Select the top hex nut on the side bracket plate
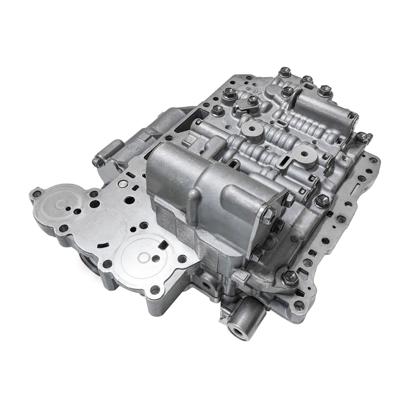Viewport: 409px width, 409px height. click(290, 197)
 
